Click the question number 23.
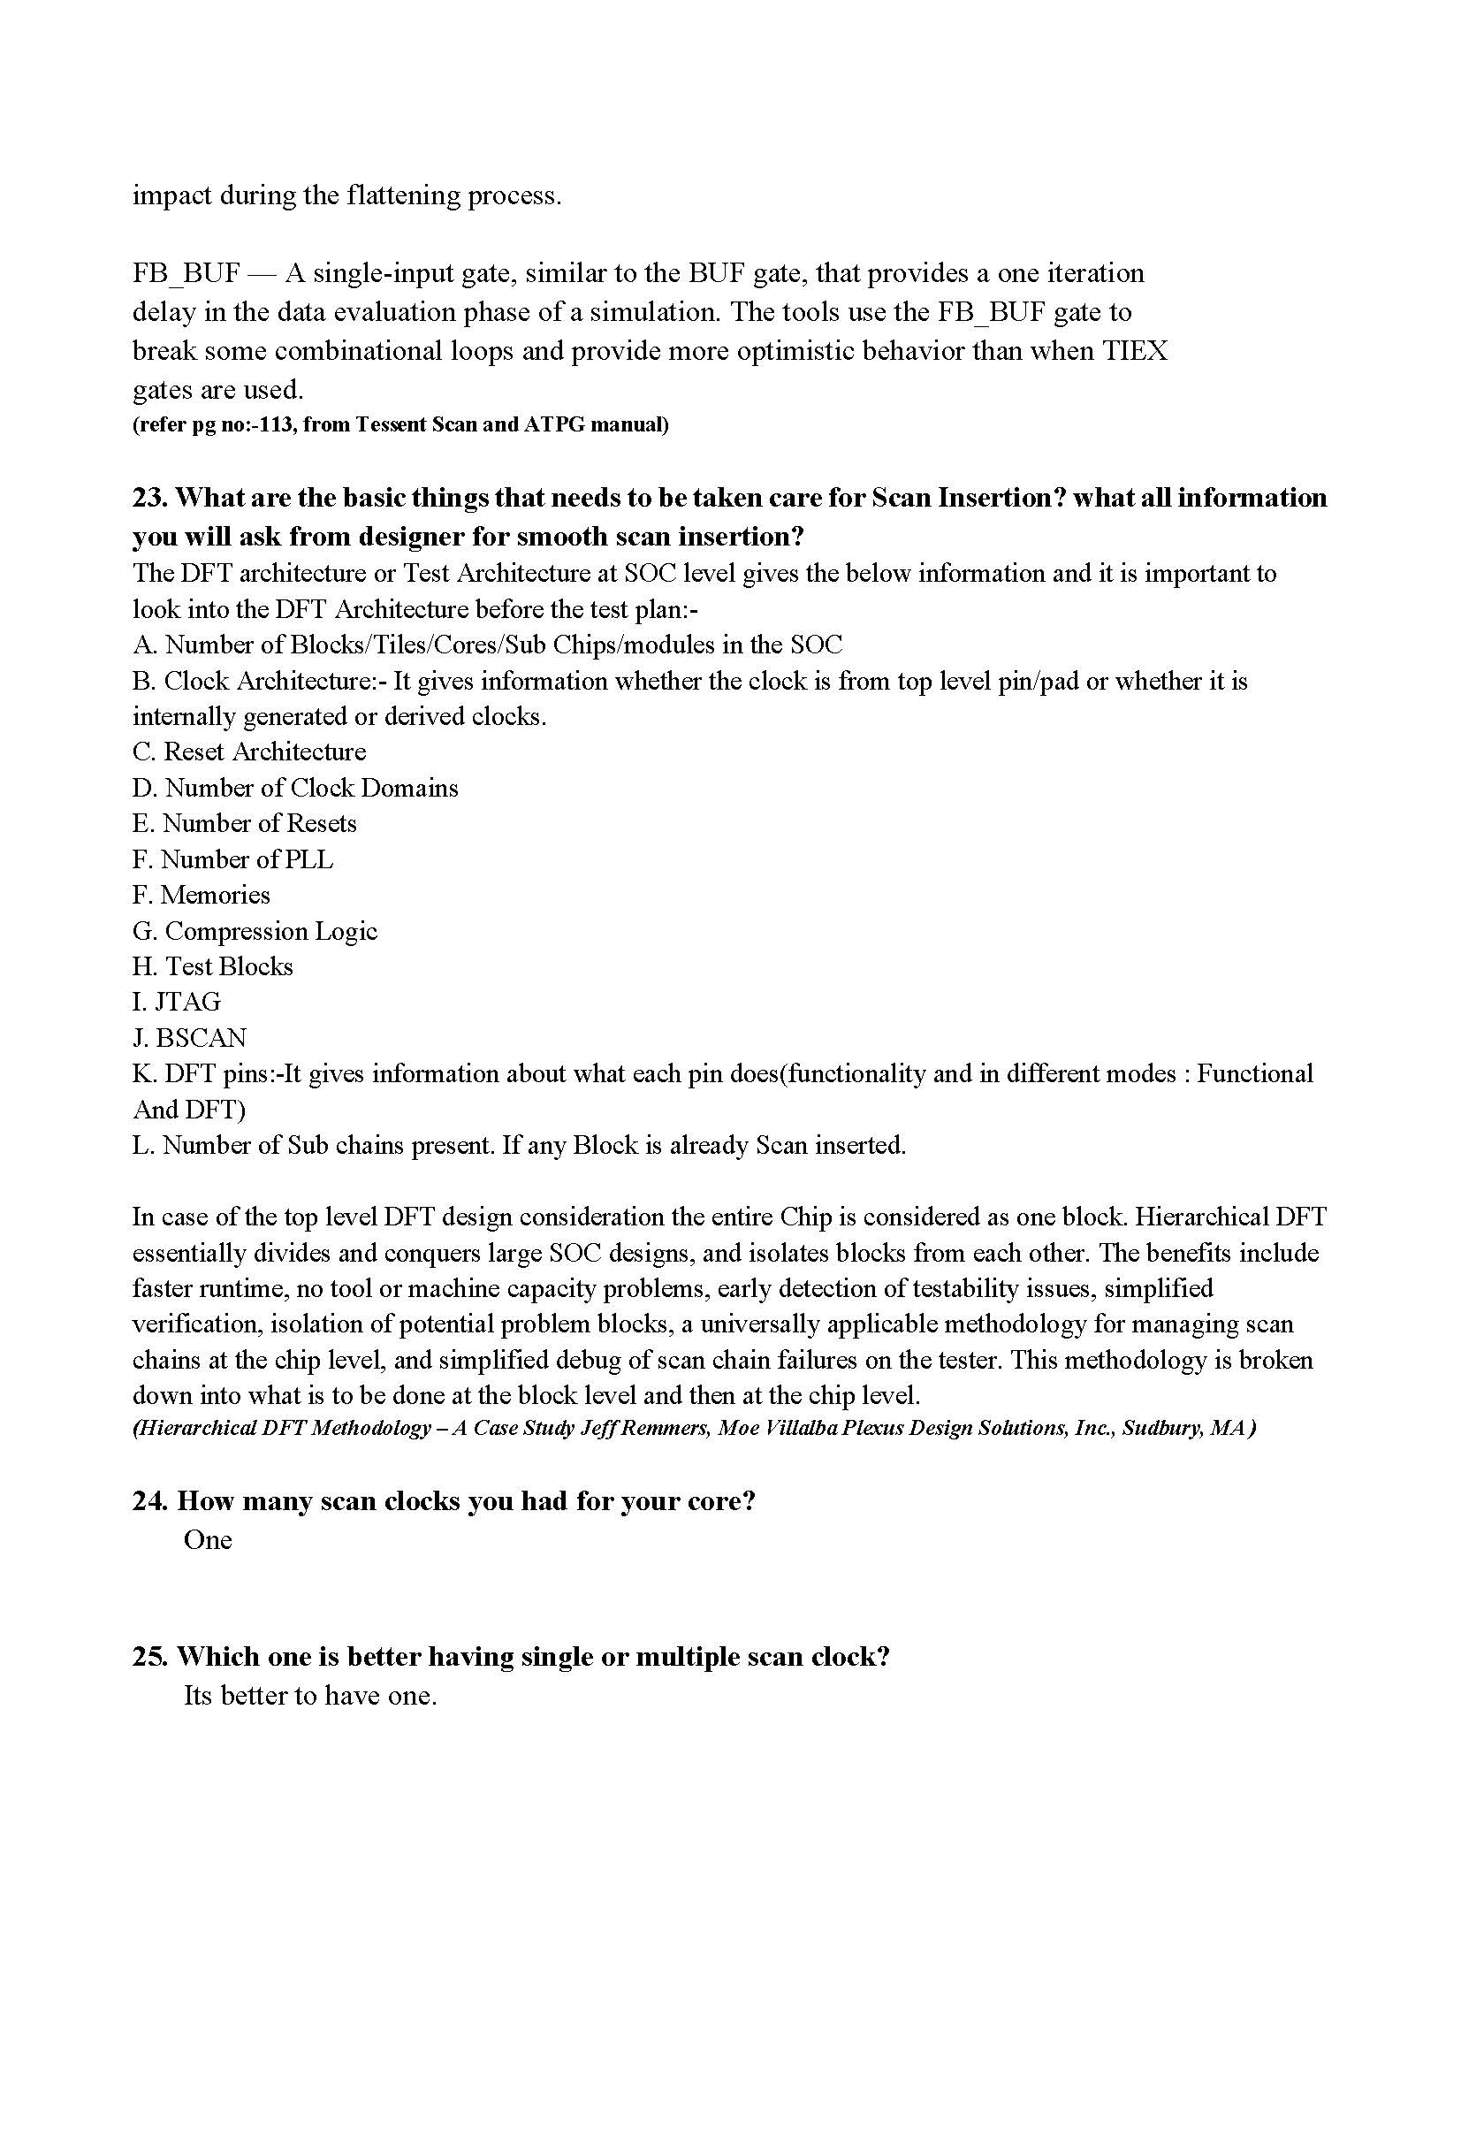coord(149,498)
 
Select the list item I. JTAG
coord(177,1002)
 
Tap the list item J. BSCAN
coord(190,1037)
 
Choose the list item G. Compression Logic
coord(255,931)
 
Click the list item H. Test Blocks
coord(212,966)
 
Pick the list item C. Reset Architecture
coord(249,752)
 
